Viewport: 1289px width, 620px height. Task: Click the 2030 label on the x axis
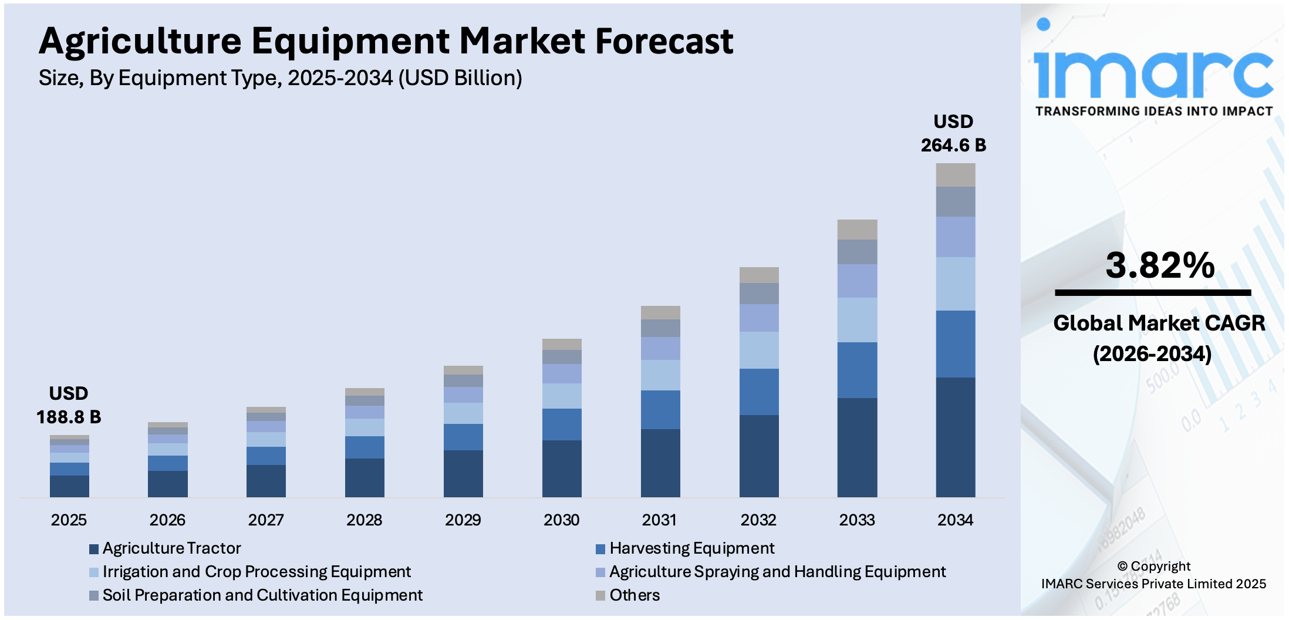click(x=561, y=520)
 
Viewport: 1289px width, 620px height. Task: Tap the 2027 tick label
click(x=265, y=520)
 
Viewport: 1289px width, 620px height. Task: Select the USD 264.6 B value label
click(x=953, y=134)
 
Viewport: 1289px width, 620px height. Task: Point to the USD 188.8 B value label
click(x=69, y=406)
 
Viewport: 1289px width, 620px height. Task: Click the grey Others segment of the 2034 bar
click(x=955, y=175)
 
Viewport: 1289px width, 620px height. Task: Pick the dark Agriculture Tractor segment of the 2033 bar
click(x=857, y=447)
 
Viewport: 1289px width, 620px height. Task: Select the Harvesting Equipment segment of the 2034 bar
click(x=955, y=344)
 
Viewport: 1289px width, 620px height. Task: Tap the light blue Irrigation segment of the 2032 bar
click(x=758, y=351)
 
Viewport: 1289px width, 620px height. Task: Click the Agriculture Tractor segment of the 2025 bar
click(x=69, y=486)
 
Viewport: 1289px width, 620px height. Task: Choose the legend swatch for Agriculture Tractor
click(x=94, y=549)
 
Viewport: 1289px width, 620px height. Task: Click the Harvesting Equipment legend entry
click(x=691, y=548)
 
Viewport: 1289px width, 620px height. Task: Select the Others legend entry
click(x=634, y=595)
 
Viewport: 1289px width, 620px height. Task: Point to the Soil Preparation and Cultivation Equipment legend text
click(x=262, y=595)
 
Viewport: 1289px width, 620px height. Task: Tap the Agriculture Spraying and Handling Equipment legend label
click(x=777, y=572)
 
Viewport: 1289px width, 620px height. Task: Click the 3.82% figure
click(x=1159, y=265)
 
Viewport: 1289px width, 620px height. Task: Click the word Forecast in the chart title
click(x=664, y=41)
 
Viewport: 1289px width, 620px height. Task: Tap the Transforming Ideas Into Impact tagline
click(x=1153, y=112)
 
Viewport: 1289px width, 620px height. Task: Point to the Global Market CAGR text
click(x=1159, y=324)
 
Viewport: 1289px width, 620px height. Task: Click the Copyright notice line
click(x=1153, y=567)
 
